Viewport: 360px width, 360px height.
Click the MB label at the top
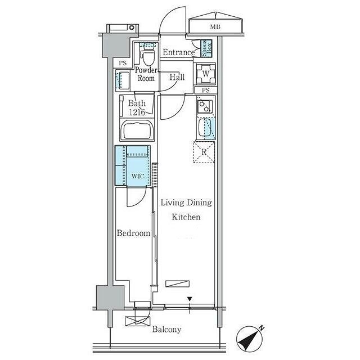point(215,27)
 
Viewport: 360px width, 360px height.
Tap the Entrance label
point(178,52)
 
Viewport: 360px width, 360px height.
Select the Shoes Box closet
point(206,48)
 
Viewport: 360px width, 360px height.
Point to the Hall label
point(177,77)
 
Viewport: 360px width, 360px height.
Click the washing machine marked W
point(206,74)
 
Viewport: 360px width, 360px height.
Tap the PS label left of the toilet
point(123,63)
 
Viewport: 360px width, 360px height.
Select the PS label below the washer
point(205,90)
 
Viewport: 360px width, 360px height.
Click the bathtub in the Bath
point(137,130)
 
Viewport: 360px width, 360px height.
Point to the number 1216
point(137,112)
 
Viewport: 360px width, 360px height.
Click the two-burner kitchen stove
point(205,106)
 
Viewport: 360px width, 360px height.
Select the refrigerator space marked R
point(204,152)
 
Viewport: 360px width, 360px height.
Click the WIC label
point(138,176)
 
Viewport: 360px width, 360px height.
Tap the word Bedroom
point(133,233)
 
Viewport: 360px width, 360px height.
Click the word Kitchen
point(186,217)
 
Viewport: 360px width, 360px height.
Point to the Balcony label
point(166,330)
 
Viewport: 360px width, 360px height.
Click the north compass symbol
point(250,337)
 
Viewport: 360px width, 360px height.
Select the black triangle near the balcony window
point(190,299)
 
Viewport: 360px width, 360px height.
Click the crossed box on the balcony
point(137,321)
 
